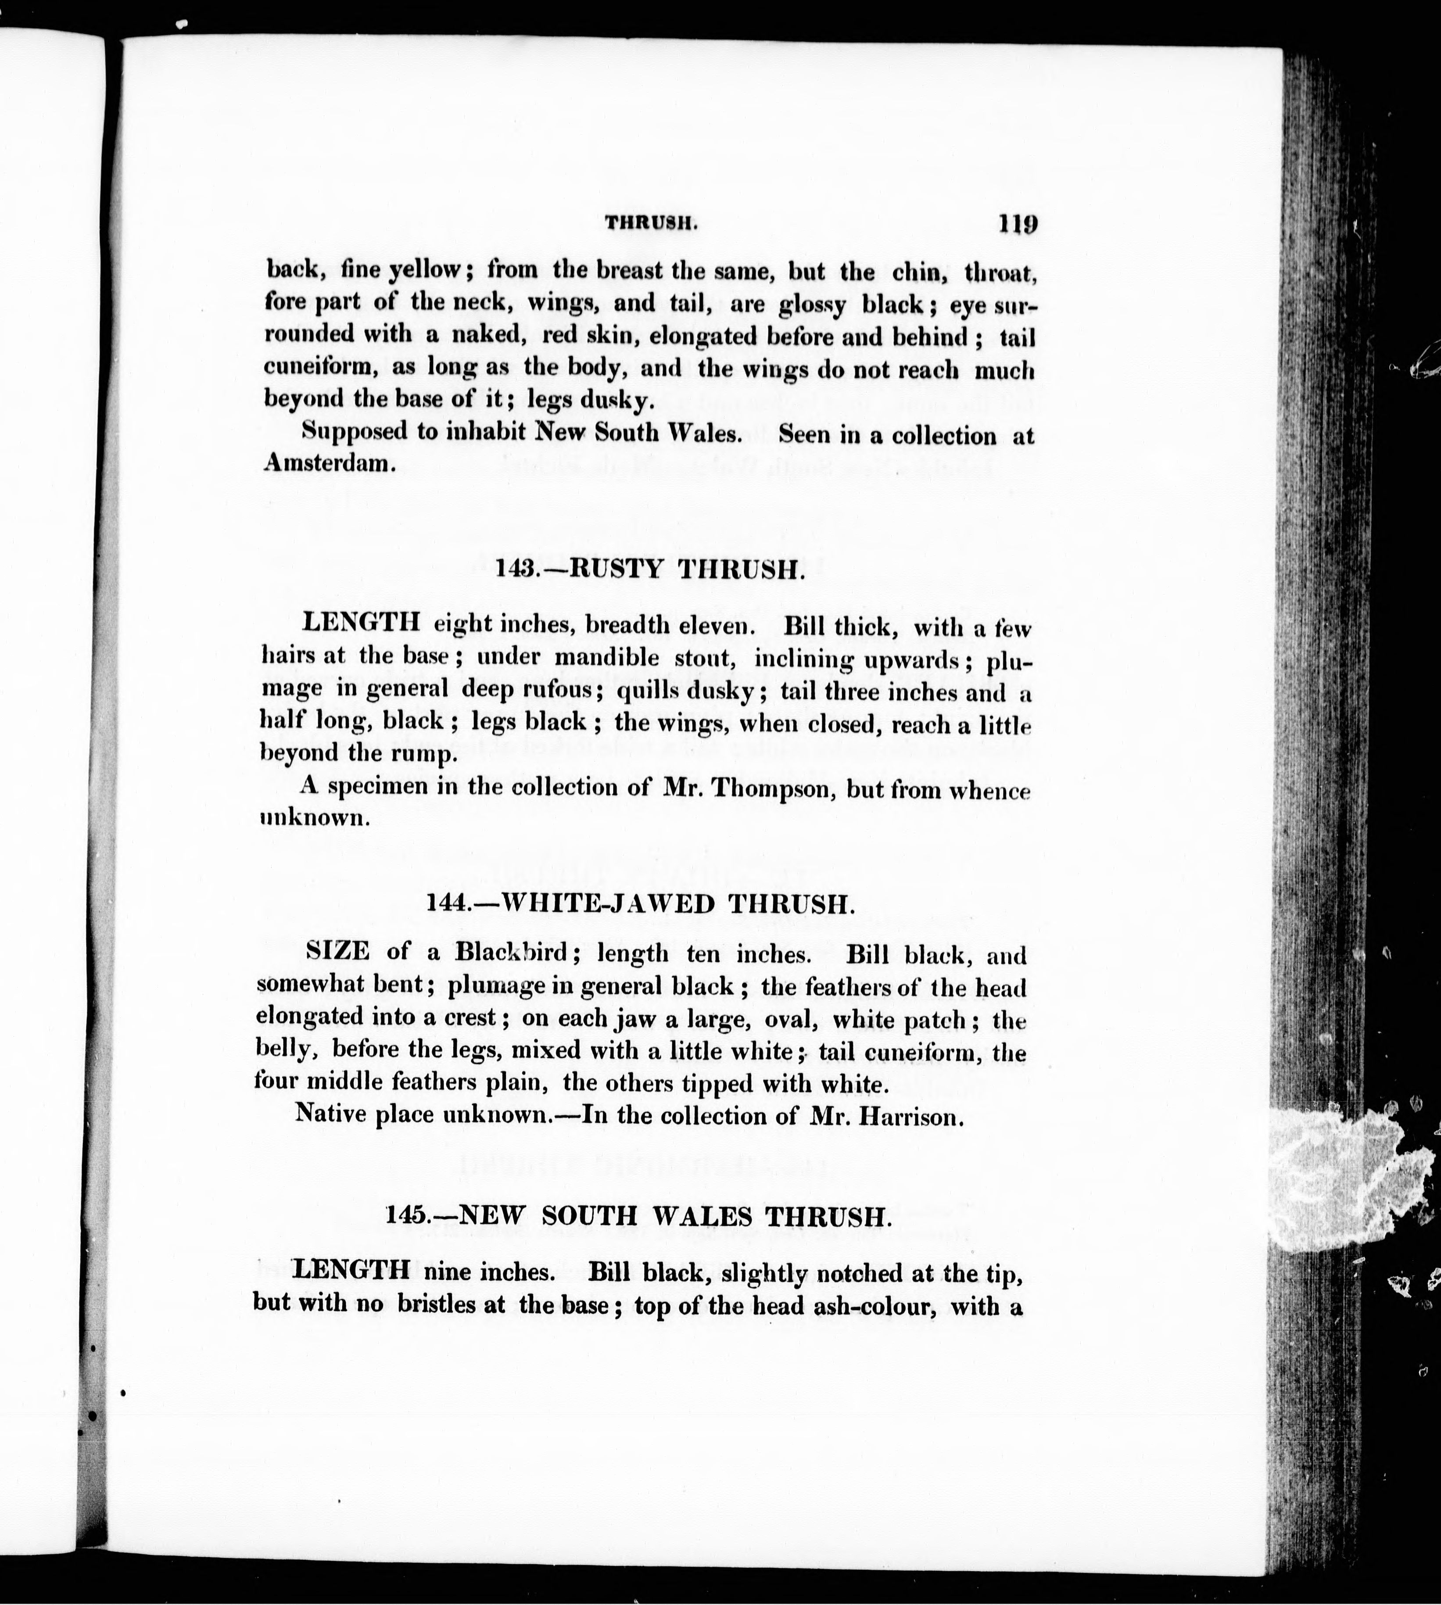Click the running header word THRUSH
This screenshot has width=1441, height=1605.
(x=651, y=224)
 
